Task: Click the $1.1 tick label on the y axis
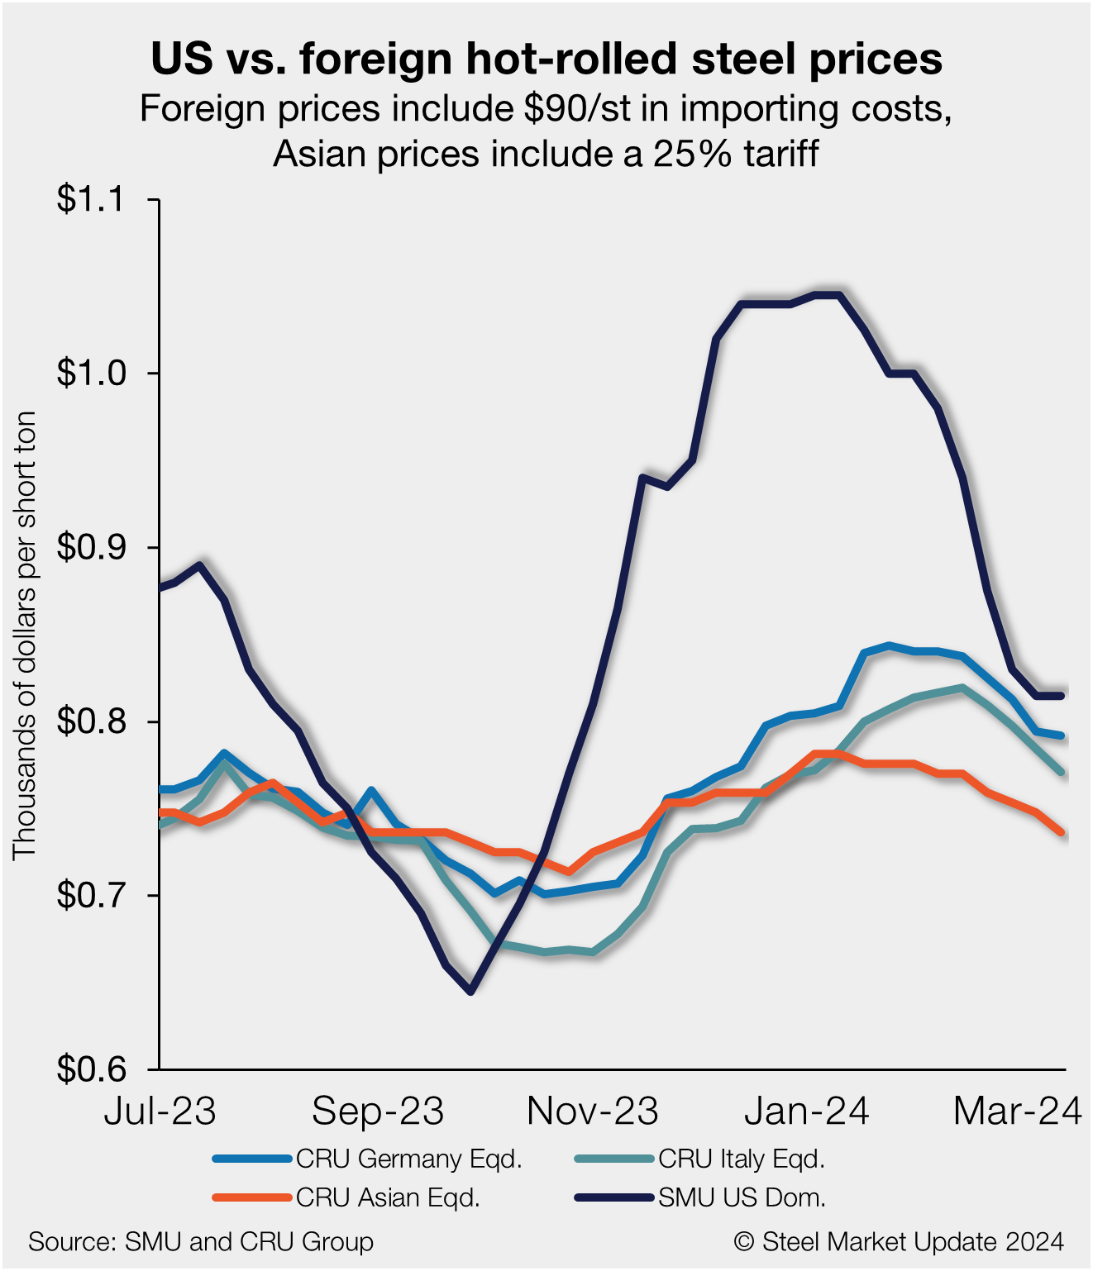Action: tap(89, 200)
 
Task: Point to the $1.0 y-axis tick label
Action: tap(89, 374)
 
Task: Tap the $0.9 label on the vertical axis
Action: tap(89, 548)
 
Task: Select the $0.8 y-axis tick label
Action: tap(89, 722)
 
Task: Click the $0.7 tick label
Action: tap(89, 896)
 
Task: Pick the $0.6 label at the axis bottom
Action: tap(89, 1070)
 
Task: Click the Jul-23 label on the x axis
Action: tap(160, 1112)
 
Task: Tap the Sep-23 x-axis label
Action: tap(378, 1112)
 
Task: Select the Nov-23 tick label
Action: tap(593, 1112)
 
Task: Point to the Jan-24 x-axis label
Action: tap(807, 1112)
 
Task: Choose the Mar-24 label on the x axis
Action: tap(1017, 1112)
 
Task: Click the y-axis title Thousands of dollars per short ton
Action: tap(25, 635)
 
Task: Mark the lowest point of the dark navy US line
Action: tap(471, 991)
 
